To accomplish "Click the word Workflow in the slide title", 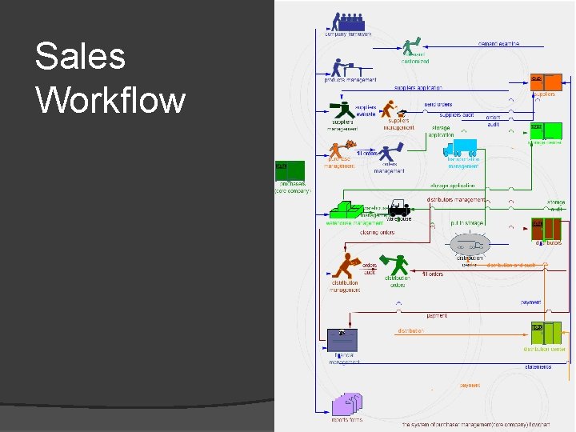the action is [x=110, y=101].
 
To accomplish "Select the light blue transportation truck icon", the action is [x=460, y=147].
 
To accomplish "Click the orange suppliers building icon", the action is [x=546, y=82].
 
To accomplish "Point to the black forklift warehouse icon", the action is [x=398, y=210].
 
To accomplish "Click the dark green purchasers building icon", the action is [x=290, y=171].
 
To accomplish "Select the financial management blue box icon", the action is [x=342, y=340].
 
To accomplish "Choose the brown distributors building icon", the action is [x=547, y=229].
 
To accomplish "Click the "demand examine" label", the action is [x=499, y=43].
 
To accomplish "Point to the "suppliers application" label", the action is [x=418, y=88].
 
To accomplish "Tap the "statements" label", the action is [x=538, y=367].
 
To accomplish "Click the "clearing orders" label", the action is [x=377, y=233].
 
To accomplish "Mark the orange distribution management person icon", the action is [x=346, y=265].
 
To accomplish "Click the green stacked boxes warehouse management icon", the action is [x=345, y=210].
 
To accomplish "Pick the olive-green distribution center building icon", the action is [x=547, y=334].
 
